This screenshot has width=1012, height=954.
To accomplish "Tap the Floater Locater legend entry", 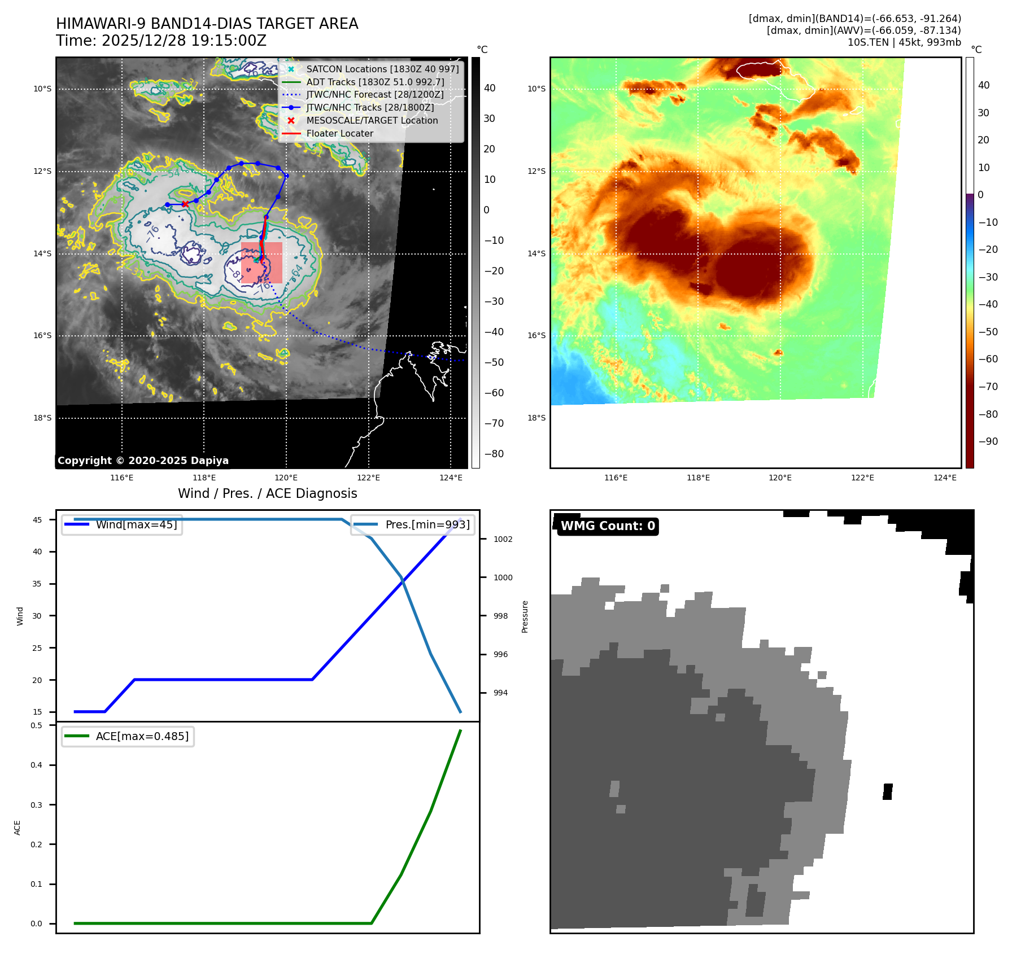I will [339, 133].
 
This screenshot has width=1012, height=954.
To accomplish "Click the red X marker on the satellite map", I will [185, 204].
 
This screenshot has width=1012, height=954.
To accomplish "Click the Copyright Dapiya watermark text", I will [143, 461].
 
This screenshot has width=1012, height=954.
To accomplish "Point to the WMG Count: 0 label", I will [608, 526].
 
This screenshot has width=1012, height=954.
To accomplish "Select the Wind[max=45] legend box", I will [122, 524].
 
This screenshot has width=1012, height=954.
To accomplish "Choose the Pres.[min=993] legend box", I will [413, 524].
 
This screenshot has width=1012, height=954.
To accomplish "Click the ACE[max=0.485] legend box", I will [128, 736].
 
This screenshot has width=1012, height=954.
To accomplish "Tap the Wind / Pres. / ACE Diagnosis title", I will [268, 493].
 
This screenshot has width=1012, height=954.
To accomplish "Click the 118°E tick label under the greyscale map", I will [204, 478].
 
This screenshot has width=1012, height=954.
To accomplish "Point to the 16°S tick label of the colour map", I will [536, 335].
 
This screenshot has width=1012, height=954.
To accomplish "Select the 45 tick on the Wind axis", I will [37, 520].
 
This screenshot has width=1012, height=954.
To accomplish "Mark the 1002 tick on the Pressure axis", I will [503, 539].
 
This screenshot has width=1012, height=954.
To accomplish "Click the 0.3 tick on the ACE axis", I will [37, 805].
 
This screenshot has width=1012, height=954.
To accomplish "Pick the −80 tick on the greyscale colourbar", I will [494, 454].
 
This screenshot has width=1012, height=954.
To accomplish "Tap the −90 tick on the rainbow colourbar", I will [988, 441].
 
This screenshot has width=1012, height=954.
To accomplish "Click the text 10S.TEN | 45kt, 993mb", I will [904, 42].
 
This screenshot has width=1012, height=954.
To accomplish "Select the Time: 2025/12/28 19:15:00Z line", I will [161, 41].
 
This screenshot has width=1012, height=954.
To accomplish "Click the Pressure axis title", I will [525, 616].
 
